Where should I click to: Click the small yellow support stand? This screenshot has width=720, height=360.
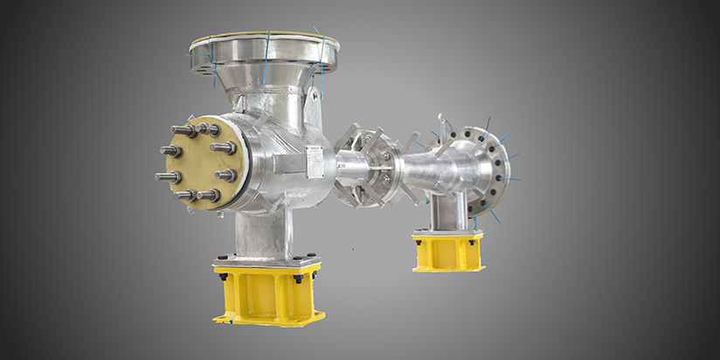[447, 251]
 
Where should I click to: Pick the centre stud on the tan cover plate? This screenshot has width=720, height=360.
[198, 163]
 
